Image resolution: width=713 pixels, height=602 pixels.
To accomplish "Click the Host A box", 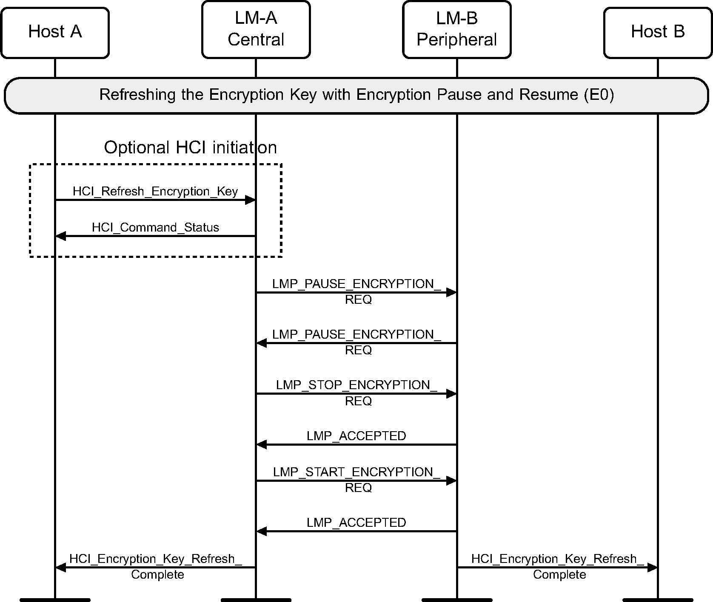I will tap(55, 32).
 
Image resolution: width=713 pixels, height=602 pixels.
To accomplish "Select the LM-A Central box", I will tap(256, 29).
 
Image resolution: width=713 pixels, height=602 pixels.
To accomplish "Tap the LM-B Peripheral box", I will tap(456, 29).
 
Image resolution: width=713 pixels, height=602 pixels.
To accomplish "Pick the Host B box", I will tap(657, 32).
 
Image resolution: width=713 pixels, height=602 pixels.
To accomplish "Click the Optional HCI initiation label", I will tap(190, 148).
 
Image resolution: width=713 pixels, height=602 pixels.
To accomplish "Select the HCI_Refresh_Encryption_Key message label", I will tap(155, 192).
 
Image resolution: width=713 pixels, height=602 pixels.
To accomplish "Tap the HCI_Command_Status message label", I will tap(155, 228).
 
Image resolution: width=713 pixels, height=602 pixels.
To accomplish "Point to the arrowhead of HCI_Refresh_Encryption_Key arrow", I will tap(250, 200).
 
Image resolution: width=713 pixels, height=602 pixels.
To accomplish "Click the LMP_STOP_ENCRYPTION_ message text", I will tap(356, 385).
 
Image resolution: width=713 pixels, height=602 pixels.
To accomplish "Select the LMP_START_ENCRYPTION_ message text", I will tap(356, 472).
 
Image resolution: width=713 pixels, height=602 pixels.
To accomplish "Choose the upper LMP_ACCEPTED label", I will tap(356, 436).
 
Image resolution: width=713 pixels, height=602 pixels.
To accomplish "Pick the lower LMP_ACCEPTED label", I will tap(356, 523).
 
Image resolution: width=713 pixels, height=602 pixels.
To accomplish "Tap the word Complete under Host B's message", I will tap(559, 575).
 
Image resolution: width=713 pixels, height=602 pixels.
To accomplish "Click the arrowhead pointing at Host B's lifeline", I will tap(652, 567).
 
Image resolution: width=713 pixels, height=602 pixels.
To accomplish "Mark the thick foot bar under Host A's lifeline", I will tap(55, 600).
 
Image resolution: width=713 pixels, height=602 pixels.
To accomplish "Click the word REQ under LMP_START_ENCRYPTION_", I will tap(358, 488).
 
